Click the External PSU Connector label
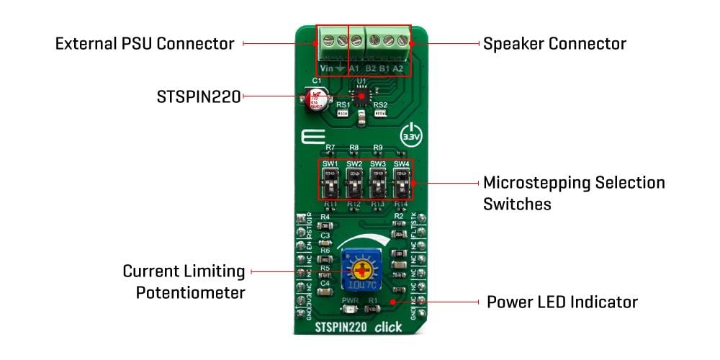145,44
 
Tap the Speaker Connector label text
554,44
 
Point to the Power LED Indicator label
562,301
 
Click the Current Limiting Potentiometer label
184,282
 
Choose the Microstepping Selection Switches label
574,192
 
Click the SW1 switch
331,186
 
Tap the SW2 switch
354,186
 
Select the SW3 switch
378,186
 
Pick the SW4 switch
401,186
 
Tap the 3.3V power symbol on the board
409,135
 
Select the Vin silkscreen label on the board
326,68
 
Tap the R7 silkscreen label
330,148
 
